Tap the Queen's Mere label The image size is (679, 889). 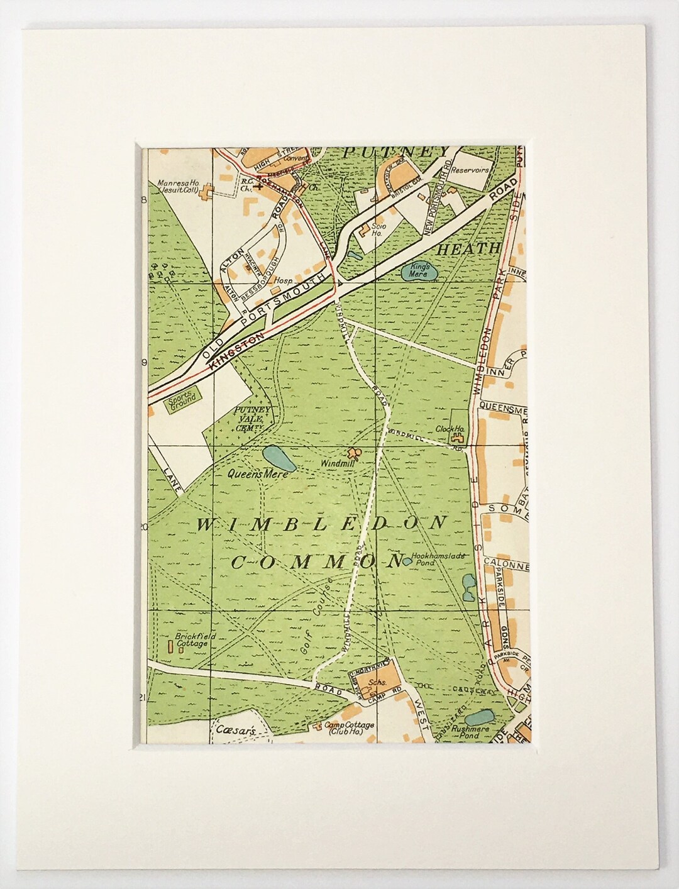pos(258,475)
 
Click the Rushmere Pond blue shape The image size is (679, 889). pos(480,716)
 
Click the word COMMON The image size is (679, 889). pos(316,560)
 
